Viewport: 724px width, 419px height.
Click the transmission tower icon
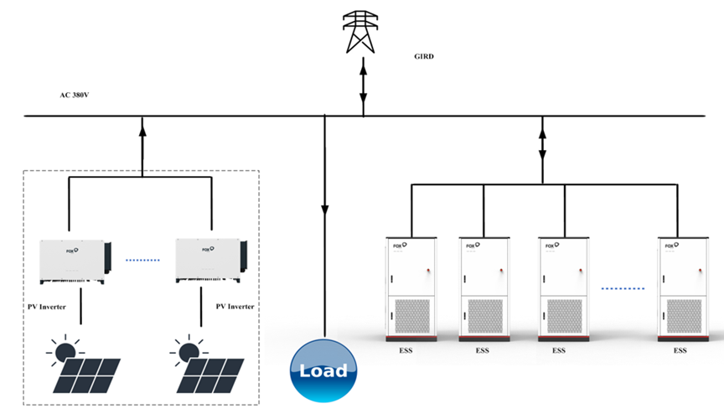(x=363, y=31)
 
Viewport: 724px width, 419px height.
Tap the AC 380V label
(x=75, y=96)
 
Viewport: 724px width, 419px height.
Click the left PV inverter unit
(x=75, y=260)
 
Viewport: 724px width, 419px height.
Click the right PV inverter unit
(x=210, y=260)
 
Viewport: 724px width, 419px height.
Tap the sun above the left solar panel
(x=64, y=350)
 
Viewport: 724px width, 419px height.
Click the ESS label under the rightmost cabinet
(x=680, y=350)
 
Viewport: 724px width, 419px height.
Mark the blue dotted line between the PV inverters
(x=142, y=260)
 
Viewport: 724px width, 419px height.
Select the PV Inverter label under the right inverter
(x=235, y=307)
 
